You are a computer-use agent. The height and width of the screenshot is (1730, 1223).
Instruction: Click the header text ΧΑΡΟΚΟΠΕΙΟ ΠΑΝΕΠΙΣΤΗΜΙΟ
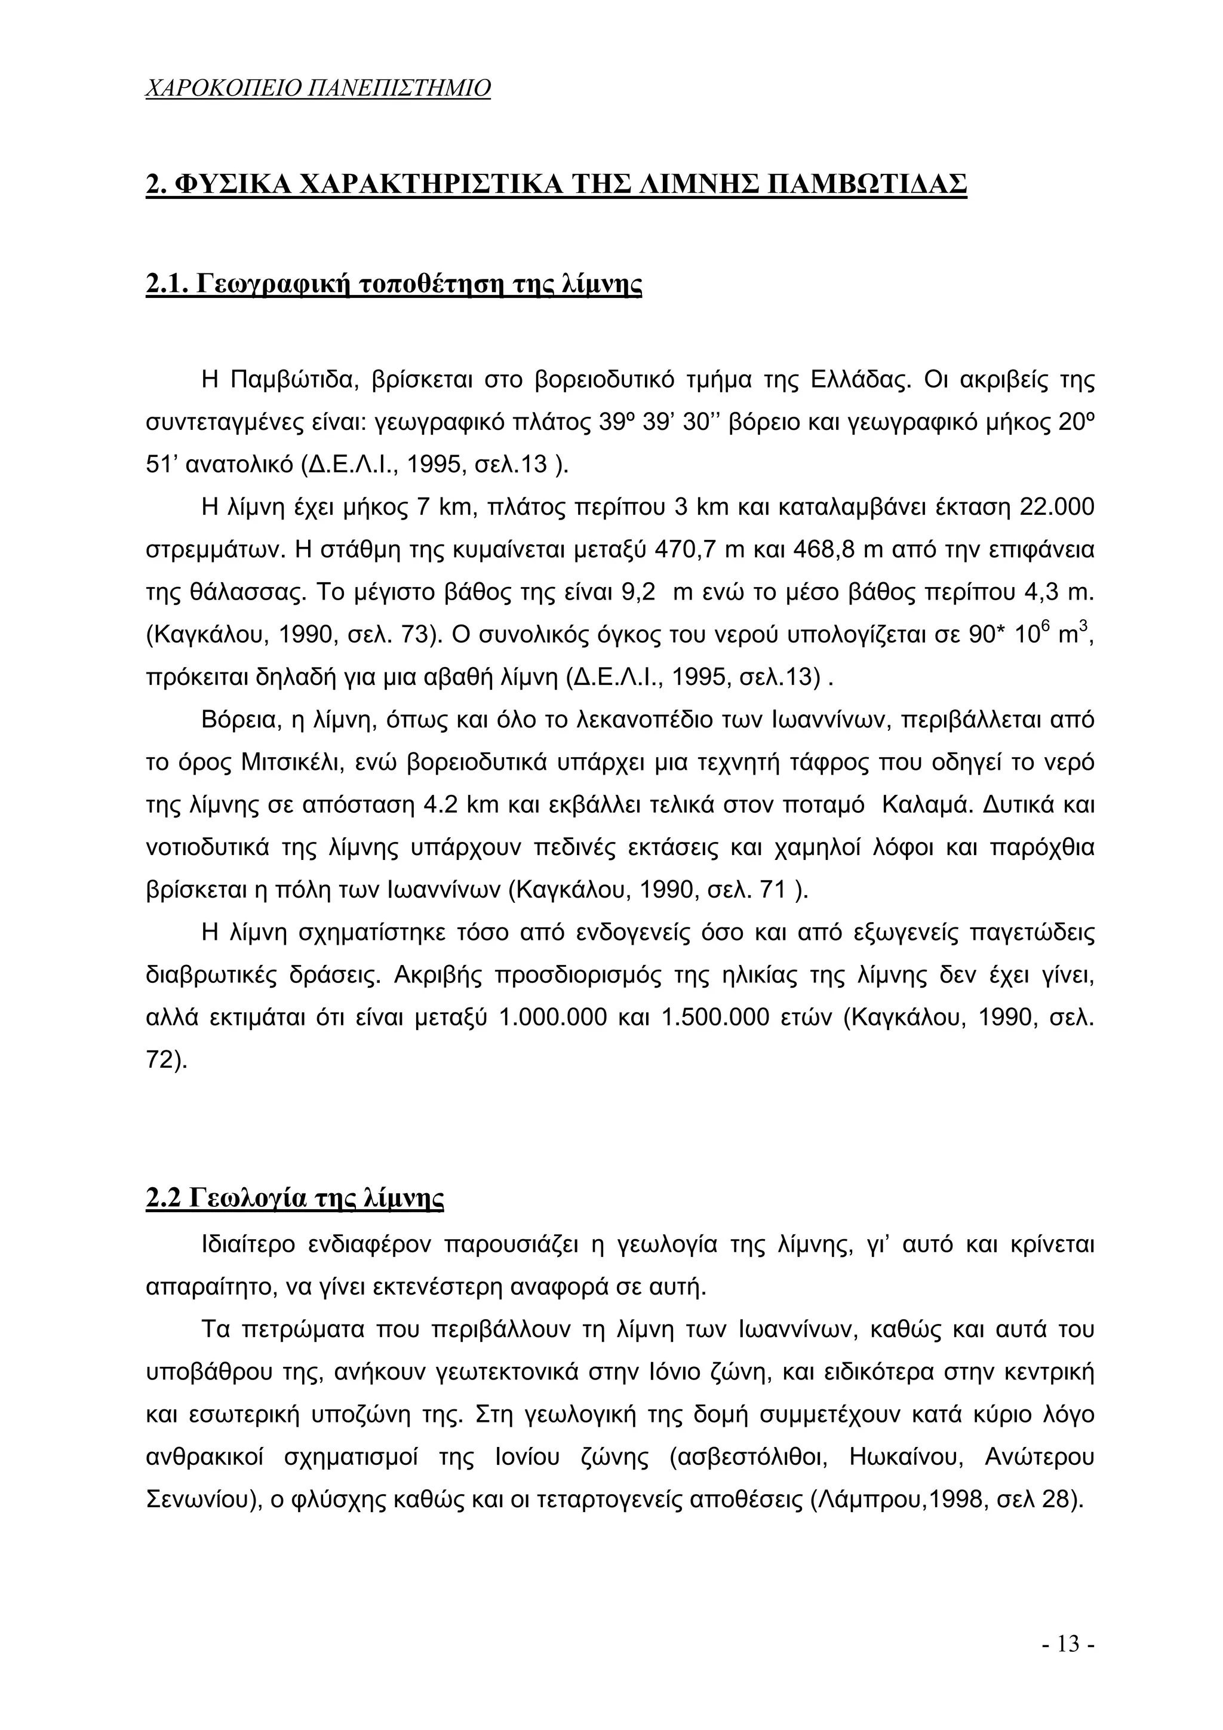tap(317, 89)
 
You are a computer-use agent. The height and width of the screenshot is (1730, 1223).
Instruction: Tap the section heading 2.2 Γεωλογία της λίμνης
tap(294, 1197)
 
